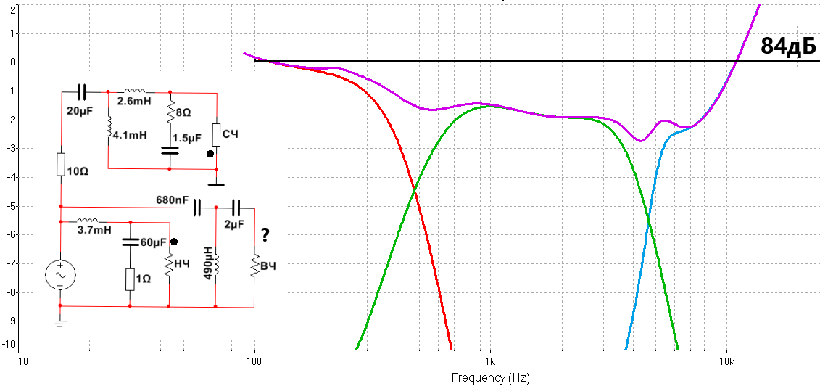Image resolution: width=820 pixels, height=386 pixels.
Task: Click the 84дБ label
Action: pyautogui.click(x=788, y=46)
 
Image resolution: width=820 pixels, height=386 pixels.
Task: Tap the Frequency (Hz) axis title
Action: pyautogui.click(x=491, y=378)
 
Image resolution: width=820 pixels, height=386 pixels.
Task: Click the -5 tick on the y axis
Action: pyautogui.click(x=12, y=206)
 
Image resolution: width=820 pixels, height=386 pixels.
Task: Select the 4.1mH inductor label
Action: pyautogui.click(x=131, y=135)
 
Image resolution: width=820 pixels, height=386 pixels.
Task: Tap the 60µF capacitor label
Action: pyautogui.click(x=153, y=242)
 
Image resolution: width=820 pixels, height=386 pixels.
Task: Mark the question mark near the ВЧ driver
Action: pyautogui.click(x=265, y=235)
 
